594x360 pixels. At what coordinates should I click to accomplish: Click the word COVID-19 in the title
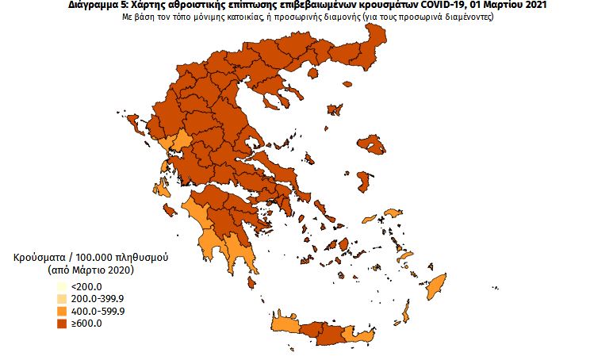pyautogui.click(x=442, y=6)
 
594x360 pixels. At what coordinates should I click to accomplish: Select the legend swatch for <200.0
pyautogui.click(x=59, y=286)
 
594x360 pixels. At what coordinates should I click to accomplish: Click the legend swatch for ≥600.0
pyautogui.click(x=59, y=323)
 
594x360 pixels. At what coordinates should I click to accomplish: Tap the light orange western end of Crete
pyautogui.click(x=284, y=325)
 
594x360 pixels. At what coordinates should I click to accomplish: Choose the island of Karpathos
pyautogui.click(x=407, y=316)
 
